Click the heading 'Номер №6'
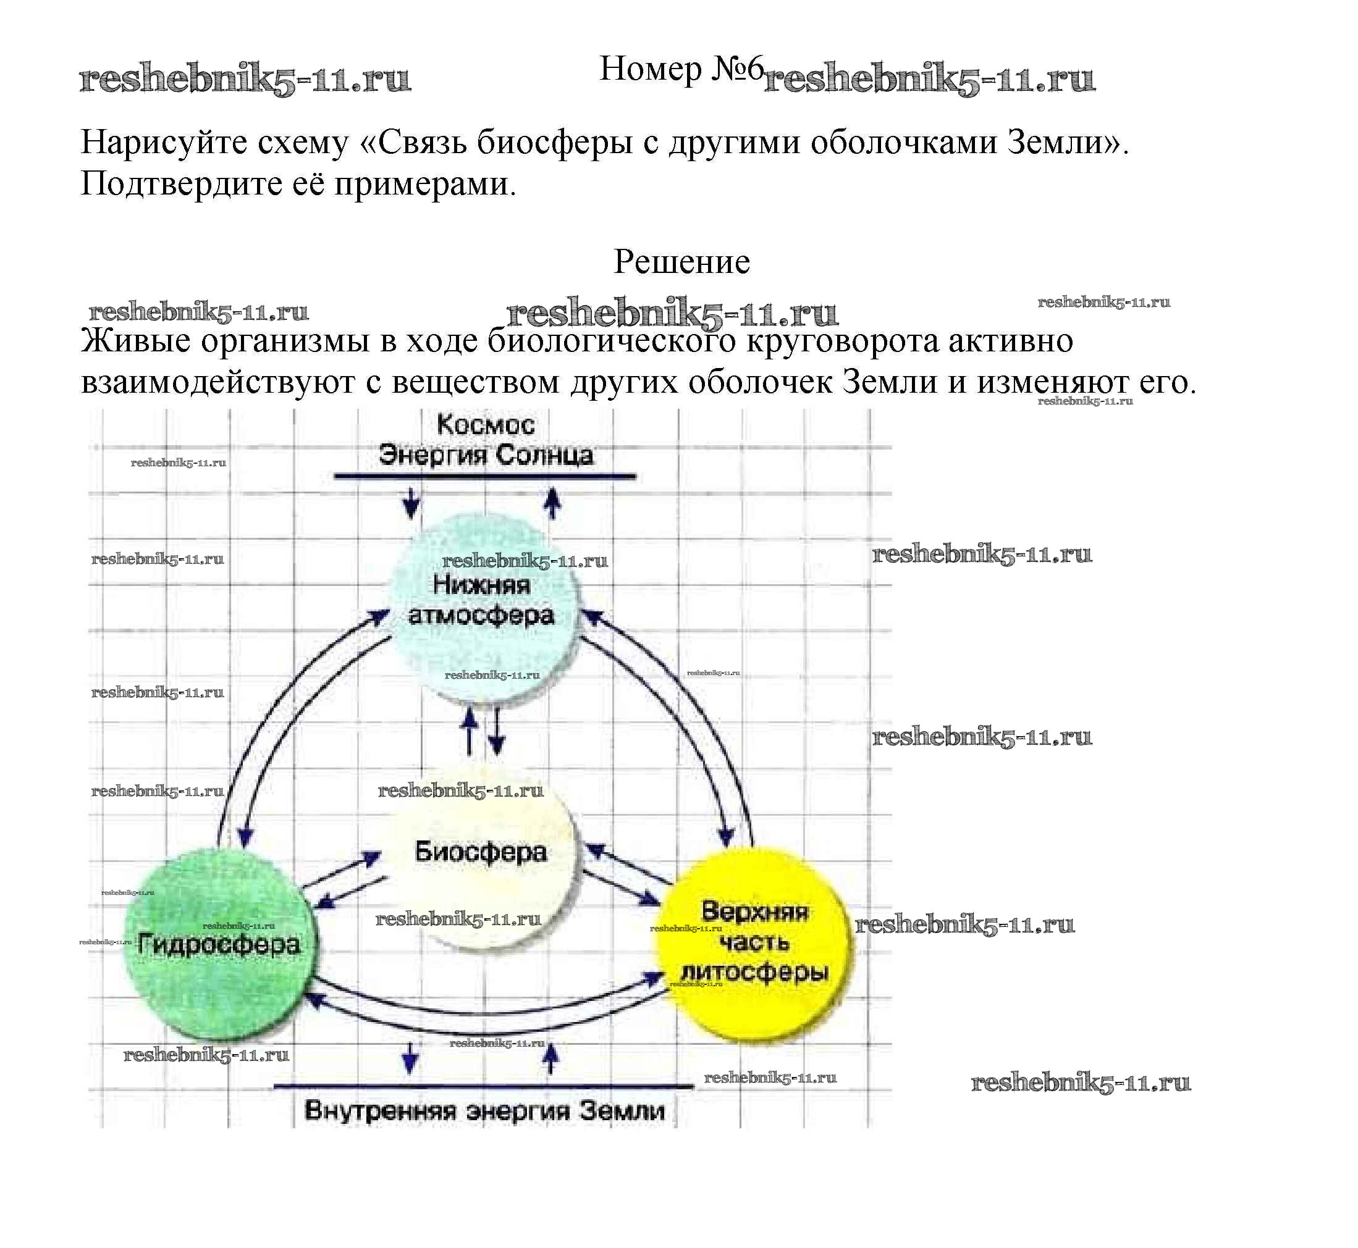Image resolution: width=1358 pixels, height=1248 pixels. [x=681, y=69]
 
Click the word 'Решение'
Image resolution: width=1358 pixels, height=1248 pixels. [x=681, y=262]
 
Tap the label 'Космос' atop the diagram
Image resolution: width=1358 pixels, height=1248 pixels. [x=485, y=425]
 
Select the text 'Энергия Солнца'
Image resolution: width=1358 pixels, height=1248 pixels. [x=485, y=454]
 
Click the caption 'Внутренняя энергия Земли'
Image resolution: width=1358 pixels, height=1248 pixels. [x=484, y=1111]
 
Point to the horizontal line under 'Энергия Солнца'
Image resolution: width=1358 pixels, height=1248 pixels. [x=484, y=477]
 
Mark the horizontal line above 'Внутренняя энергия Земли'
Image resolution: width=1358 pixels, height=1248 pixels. [x=483, y=1087]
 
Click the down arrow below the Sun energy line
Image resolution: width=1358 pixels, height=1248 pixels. [x=411, y=503]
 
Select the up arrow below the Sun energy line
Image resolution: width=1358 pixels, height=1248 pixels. [x=553, y=503]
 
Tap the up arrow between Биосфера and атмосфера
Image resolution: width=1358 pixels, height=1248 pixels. [x=470, y=733]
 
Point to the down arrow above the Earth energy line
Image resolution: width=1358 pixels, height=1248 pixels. [x=409, y=1058]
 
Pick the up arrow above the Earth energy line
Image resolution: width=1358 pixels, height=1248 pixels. [x=551, y=1058]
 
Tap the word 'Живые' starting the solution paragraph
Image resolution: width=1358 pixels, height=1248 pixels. [x=135, y=341]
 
